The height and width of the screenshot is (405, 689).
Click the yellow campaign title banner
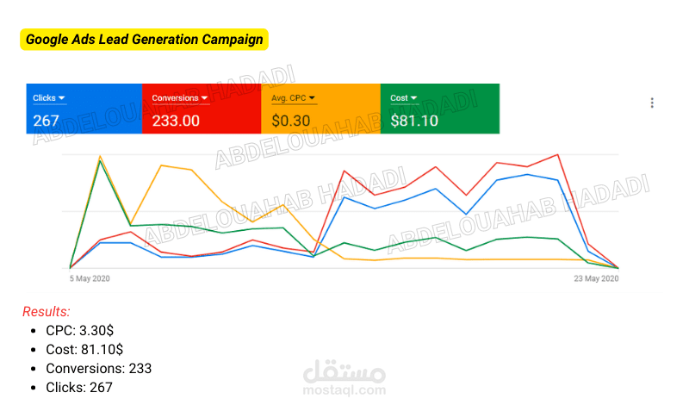click(x=144, y=40)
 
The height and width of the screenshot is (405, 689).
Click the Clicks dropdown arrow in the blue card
click(x=61, y=98)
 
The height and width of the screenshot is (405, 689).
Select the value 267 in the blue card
click(x=47, y=121)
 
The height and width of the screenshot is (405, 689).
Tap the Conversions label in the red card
click(x=176, y=98)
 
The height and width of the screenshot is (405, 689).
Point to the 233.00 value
click(x=176, y=121)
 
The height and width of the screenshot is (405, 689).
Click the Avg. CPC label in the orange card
click(x=289, y=98)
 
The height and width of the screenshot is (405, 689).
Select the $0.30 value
click(x=291, y=121)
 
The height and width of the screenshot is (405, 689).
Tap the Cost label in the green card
click(x=399, y=98)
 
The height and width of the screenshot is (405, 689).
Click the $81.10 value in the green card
click(x=414, y=121)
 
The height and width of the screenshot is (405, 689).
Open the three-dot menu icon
click(x=652, y=103)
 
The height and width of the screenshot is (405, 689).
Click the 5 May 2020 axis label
click(x=90, y=278)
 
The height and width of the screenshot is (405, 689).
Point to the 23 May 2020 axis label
click(x=596, y=278)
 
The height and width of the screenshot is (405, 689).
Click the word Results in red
click(x=47, y=311)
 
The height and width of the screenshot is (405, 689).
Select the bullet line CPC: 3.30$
click(x=79, y=330)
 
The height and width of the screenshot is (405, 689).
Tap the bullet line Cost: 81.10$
click(x=84, y=349)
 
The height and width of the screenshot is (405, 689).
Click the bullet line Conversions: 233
click(x=99, y=368)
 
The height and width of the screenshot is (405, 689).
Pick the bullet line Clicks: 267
click(x=79, y=387)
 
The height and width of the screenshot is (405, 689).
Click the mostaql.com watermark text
click(x=344, y=390)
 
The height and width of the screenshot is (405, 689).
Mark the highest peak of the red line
click(x=557, y=155)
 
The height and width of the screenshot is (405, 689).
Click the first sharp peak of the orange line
click(x=100, y=156)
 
